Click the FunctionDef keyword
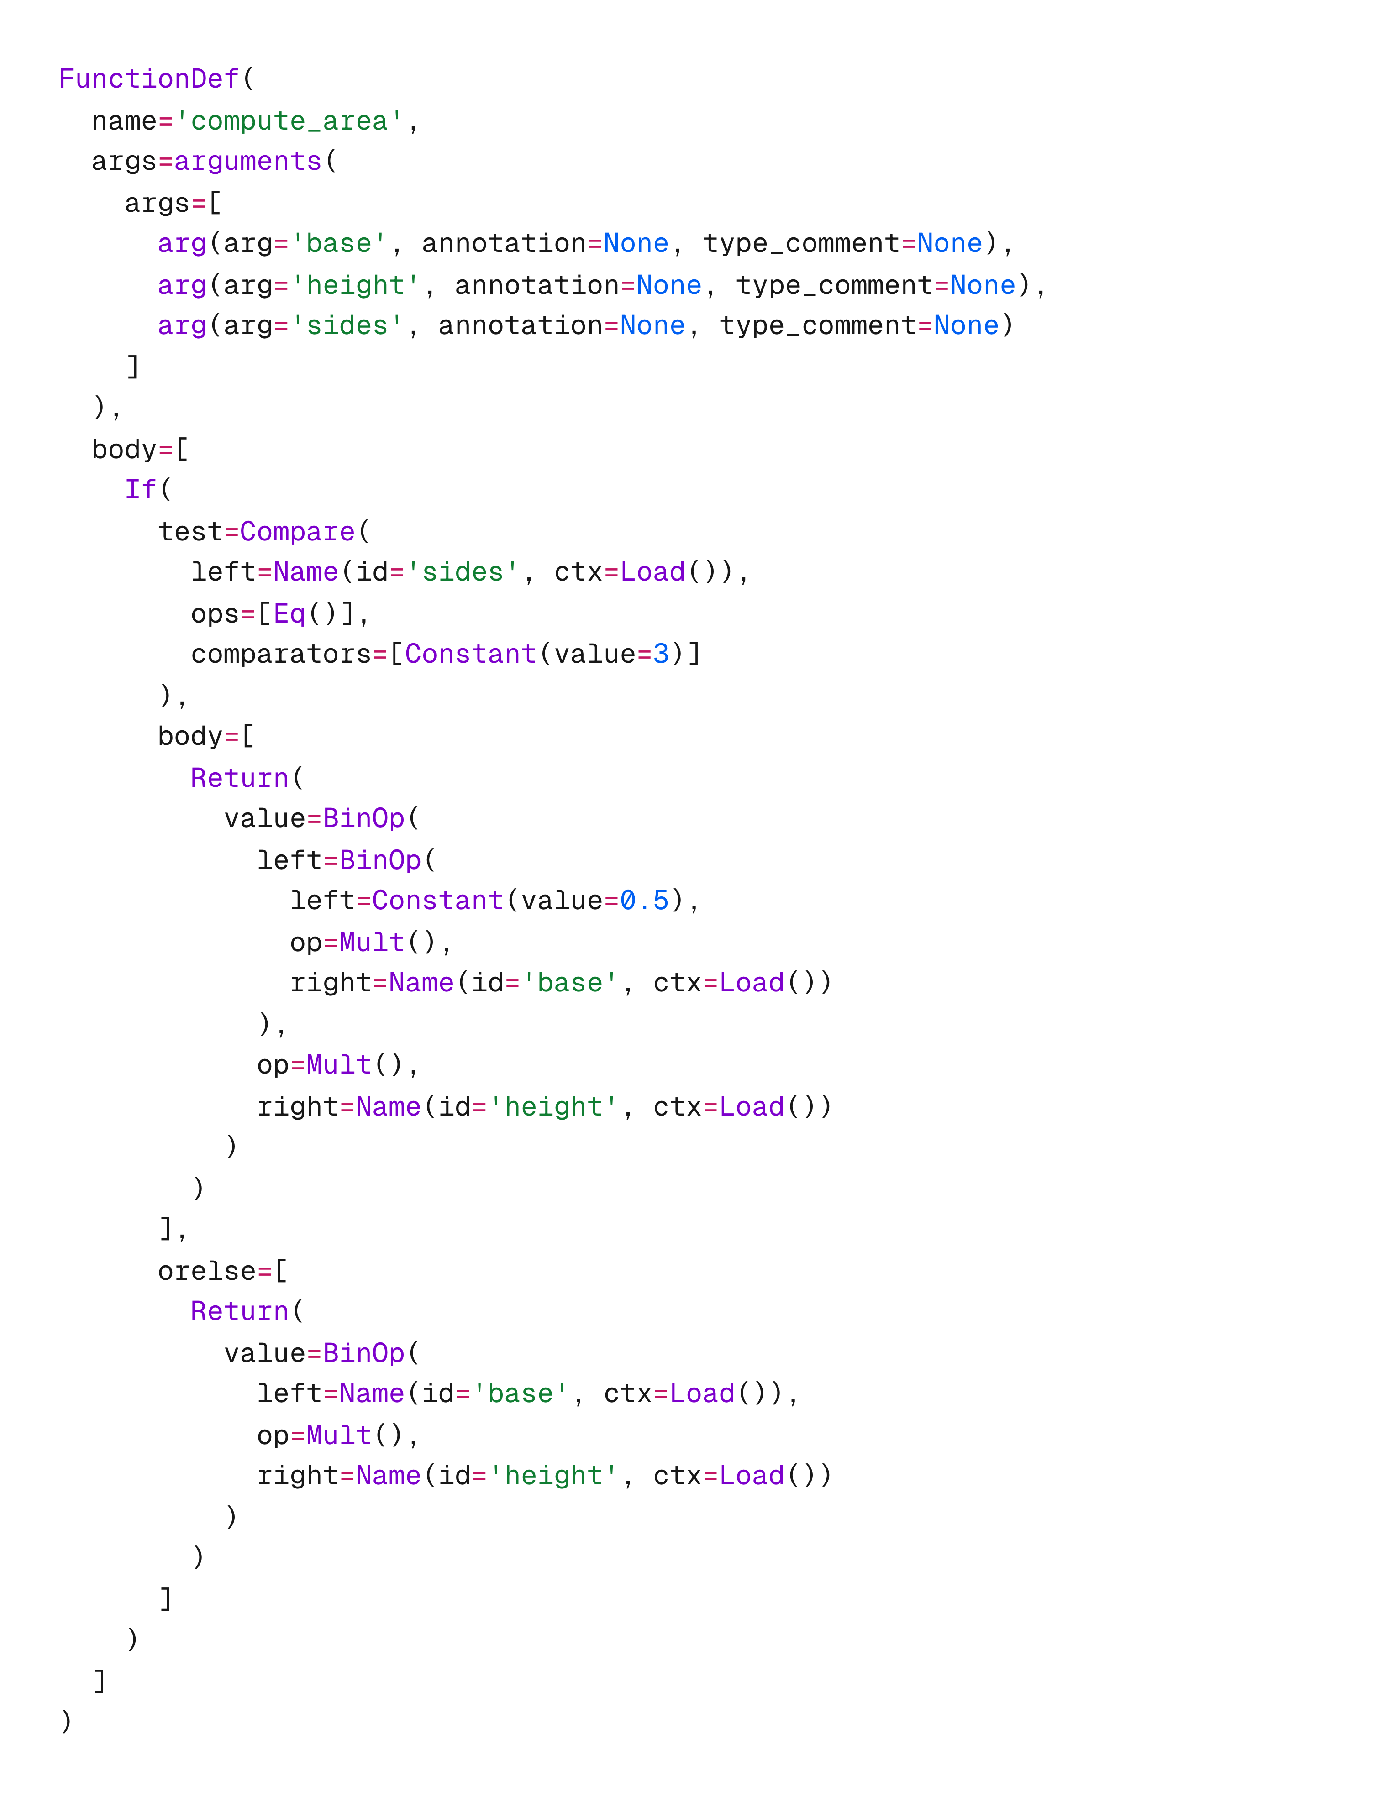pyautogui.click(x=148, y=79)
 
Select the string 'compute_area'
pyautogui.click(x=289, y=121)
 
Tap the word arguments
pyautogui.click(x=247, y=162)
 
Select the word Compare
pyautogui.click(x=297, y=531)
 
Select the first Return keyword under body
pyautogui.click(x=239, y=778)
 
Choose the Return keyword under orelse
pyautogui.click(x=239, y=1311)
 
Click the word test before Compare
pyautogui.click(x=190, y=531)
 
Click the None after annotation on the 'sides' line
pyautogui.click(x=652, y=326)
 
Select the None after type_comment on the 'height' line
pyautogui.click(x=982, y=285)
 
